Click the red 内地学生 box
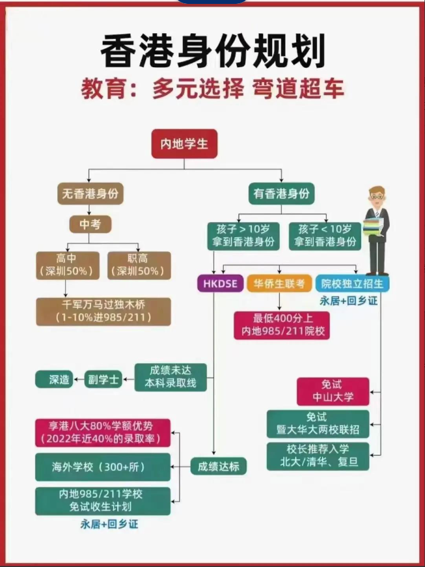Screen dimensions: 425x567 184,144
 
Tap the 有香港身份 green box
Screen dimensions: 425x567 281,193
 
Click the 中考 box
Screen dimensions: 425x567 90,225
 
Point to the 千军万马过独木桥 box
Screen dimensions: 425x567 104,311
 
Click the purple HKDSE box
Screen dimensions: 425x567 220,284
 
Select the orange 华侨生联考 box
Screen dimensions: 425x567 279,284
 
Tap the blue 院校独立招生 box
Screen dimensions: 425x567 352,284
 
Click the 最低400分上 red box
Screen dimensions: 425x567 282,325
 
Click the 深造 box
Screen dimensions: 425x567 59,379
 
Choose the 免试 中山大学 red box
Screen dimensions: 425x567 333,391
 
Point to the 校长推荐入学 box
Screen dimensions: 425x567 318,456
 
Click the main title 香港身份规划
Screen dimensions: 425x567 212,52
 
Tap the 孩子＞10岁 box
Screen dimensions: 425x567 243,236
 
